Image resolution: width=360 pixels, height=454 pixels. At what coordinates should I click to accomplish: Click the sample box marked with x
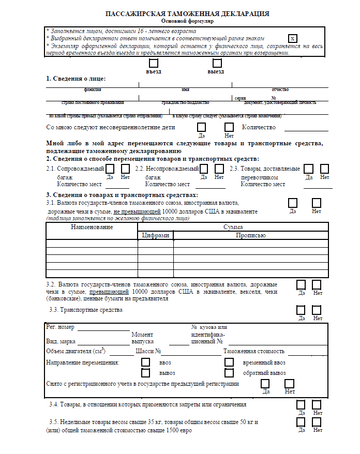[x=293, y=39]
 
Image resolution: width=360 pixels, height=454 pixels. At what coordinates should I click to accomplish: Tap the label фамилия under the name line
[x=93, y=89]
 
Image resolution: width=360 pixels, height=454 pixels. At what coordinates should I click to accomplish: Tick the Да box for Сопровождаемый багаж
[x=110, y=169]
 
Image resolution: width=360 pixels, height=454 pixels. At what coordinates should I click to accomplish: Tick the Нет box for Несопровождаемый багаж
[x=219, y=169]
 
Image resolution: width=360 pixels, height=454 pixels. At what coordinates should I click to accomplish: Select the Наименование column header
[x=92, y=227]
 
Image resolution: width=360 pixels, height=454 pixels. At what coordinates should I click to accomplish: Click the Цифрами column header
[x=155, y=235]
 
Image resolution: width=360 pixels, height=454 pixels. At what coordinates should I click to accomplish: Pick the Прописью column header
[x=250, y=235]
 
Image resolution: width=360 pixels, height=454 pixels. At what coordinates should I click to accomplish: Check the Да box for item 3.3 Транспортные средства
[x=301, y=310]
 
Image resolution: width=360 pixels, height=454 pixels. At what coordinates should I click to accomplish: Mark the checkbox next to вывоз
[x=146, y=372]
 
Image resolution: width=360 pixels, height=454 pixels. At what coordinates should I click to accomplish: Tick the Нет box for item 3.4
[x=317, y=404]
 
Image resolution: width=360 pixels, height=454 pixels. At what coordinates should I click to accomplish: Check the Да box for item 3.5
[x=301, y=422]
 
